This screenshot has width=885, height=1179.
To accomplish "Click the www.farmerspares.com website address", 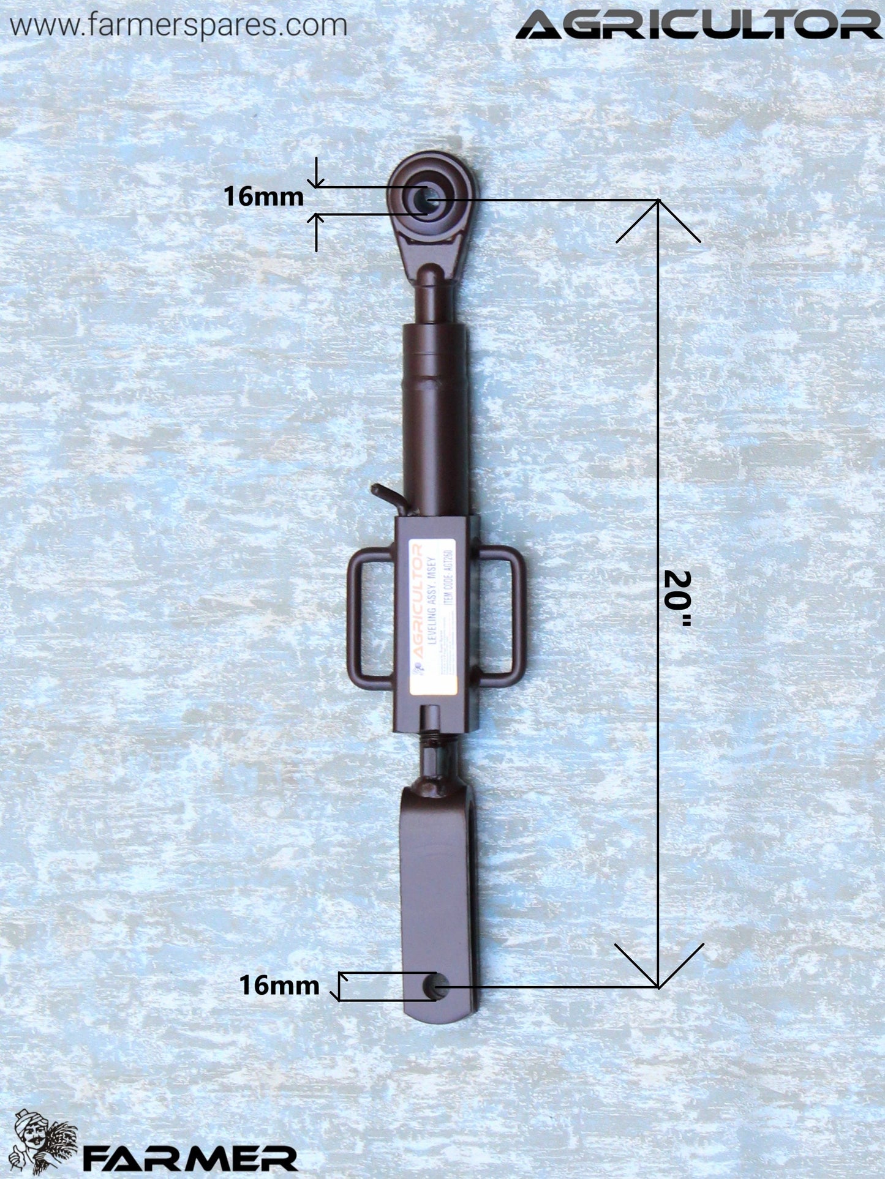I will [x=178, y=26].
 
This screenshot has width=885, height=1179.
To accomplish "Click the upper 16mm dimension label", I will [x=263, y=197].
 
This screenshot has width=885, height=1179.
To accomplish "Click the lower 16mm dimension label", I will [x=279, y=986].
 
